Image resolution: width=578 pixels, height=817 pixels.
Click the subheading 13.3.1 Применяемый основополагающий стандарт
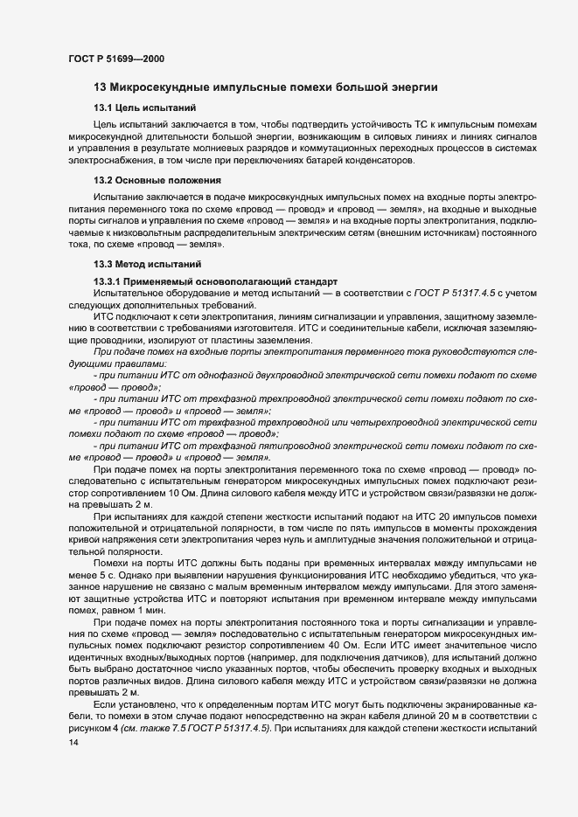point(209,280)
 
